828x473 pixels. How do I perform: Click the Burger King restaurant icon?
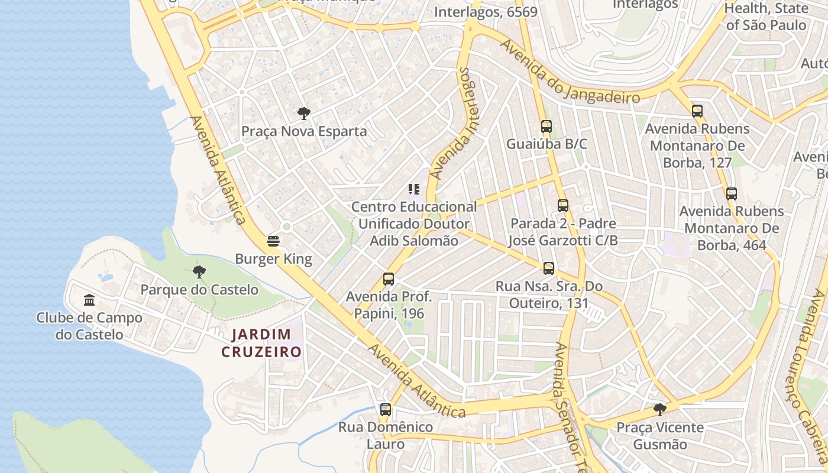click(273, 241)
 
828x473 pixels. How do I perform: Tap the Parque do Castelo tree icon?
click(199, 272)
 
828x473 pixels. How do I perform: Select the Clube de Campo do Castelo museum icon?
click(89, 300)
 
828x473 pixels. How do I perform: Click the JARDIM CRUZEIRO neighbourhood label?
click(261, 344)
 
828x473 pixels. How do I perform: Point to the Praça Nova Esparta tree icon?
click(304, 114)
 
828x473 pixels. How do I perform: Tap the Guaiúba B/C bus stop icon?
click(546, 127)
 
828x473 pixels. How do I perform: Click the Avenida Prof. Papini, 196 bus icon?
click(389, 279)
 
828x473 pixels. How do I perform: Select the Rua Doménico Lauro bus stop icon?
click(386, 409)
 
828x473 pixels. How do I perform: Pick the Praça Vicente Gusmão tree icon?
click(660, 410)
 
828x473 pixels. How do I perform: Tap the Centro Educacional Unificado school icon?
click(414, 189)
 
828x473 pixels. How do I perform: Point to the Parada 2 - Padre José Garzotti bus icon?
click(563, 206)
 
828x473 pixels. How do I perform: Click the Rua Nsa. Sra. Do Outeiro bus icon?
click(549, 268)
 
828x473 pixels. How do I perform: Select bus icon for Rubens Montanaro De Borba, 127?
click(697, 111)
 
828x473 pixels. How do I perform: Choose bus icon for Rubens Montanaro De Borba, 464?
click(732, 194)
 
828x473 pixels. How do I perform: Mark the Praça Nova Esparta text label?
click(304, 131)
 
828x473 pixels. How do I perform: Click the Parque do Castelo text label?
click(199, 290)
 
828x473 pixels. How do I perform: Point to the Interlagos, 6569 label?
click(486, 12)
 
